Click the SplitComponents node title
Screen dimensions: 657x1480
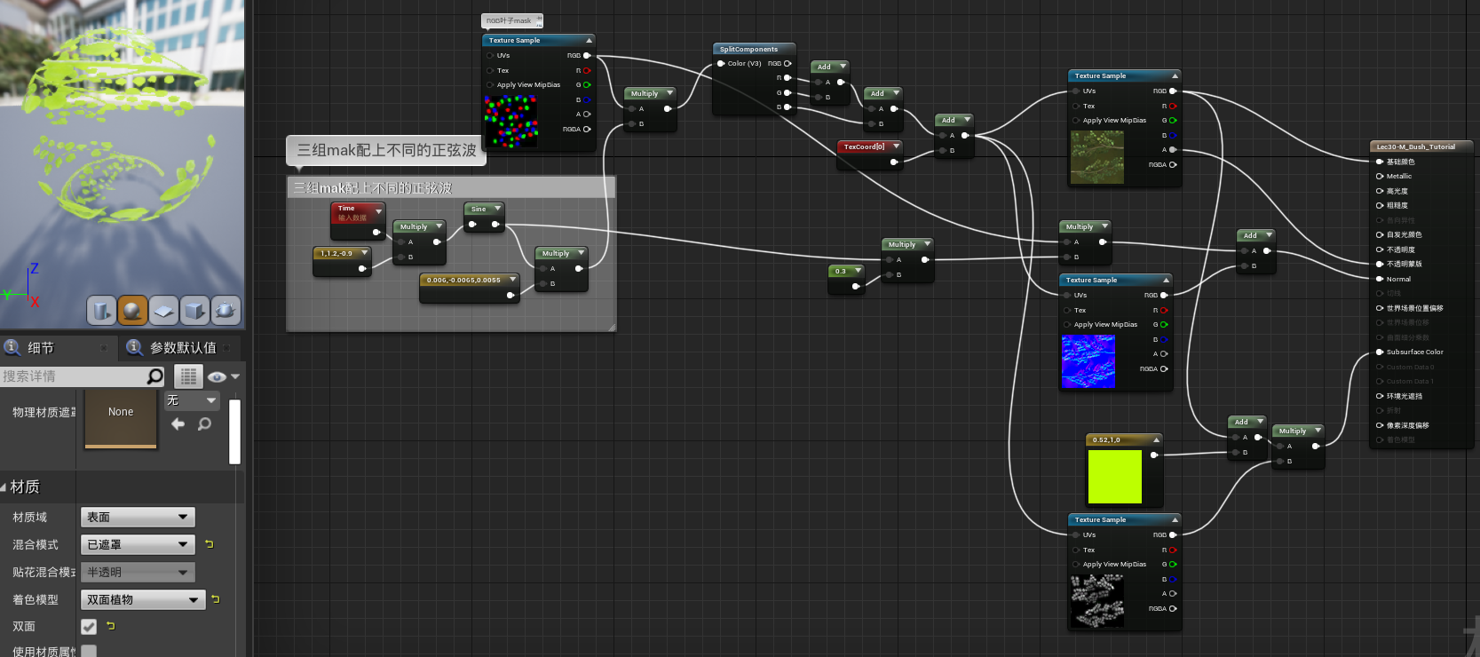click(748, 50)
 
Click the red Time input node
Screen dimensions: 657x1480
click(352, 212)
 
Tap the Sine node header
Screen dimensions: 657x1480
click(479, 210)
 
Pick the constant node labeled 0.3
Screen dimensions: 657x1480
click(841, 271)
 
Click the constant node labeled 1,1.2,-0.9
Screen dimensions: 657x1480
click(337, 254)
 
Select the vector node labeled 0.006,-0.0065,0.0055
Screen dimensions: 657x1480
click(463, 281)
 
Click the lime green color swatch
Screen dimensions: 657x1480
click(1114, 477)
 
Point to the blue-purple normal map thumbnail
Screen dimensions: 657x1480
click(1088, 361)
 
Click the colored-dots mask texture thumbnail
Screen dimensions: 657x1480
click(510, 121)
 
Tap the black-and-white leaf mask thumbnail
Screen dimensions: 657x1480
click(1096, 600)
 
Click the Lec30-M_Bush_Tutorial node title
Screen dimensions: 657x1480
click(1415, 146)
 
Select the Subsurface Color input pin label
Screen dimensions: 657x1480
click(1414, 352)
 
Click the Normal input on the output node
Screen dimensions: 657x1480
click(1398, 279)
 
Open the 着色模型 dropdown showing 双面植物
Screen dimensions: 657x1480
click(142, 600)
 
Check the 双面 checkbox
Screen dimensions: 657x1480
click(89, 627)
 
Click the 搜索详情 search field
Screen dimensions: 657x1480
click(75, 376)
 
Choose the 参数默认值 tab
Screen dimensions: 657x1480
click(182, 348)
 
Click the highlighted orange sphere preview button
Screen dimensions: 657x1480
click(132, 310)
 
